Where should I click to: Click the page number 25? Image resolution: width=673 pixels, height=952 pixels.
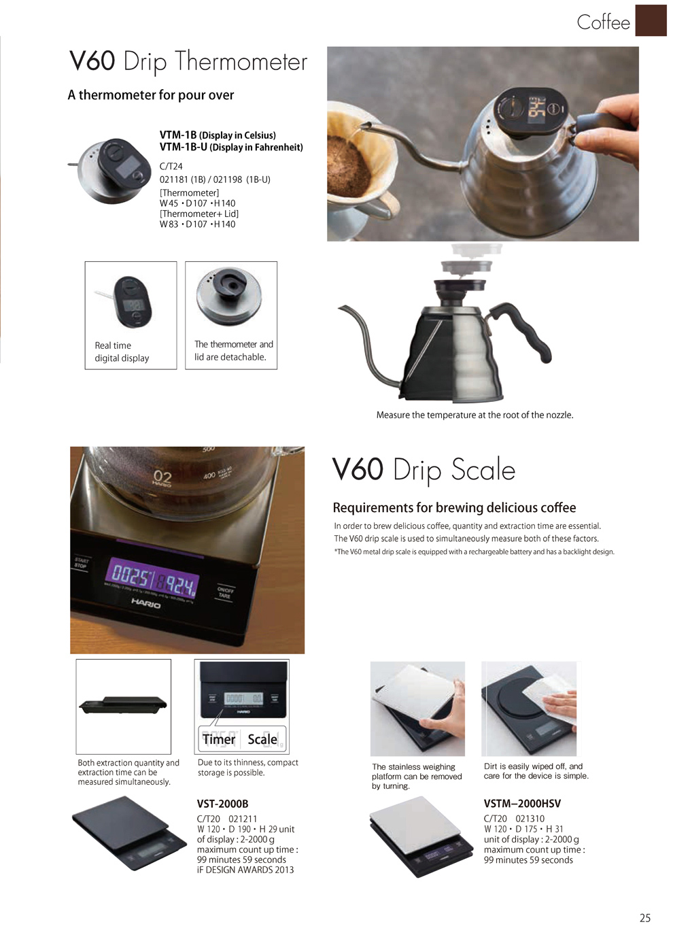click(x=644, y=918)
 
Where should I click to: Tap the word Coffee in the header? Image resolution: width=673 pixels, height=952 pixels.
click(x=603, y=22)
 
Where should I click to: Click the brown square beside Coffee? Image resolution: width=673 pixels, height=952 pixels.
click(x=651, y=20)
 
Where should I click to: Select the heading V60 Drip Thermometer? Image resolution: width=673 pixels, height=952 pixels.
click(x=188, y=62)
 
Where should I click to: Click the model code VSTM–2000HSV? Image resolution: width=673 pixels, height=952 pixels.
click(x=522, y=804)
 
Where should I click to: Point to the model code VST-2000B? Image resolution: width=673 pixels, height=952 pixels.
click(x=222, y=804)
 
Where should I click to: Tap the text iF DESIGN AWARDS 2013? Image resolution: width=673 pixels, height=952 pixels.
click(x=245, y=870)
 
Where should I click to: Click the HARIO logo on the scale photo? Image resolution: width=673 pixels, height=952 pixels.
click(x=146, y=603)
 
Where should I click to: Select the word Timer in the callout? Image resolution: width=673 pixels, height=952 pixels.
click(x=219, y=739)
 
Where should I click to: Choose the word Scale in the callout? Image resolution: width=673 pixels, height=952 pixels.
click(x=262, y=739)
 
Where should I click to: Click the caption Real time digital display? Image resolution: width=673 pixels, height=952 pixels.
click(x=122, y=352)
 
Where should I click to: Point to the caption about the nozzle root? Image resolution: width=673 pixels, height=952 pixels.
click(x=474, y=415)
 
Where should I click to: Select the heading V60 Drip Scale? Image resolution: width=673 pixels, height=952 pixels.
click(x=424, y=470)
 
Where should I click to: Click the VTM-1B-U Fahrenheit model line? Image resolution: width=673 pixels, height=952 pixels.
click(x=231, y=147)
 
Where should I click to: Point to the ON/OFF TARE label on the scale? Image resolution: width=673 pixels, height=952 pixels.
click(x=225, y=592)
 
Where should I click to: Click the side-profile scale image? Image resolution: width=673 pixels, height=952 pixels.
click(x=123, y=705)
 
